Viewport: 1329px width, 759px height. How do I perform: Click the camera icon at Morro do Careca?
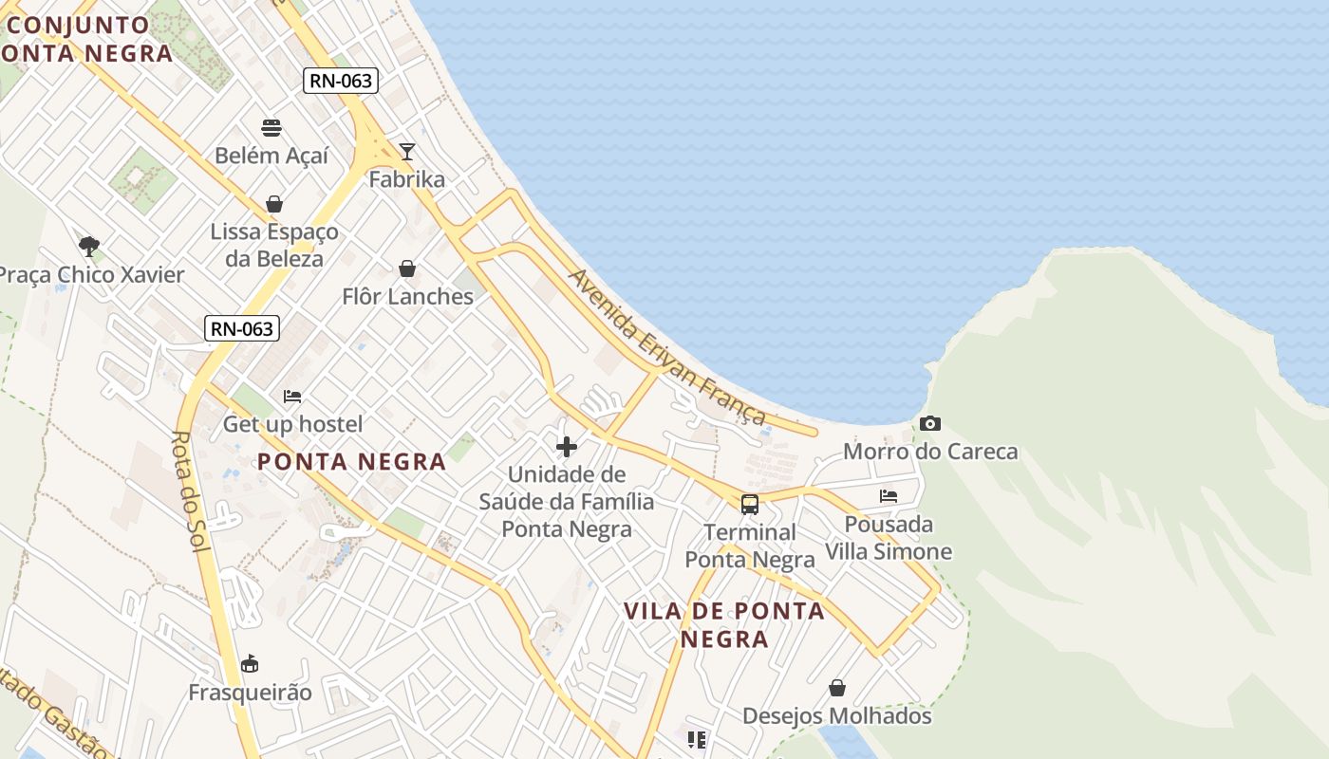pos(930,423)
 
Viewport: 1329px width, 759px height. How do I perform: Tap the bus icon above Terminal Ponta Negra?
pos(750,504)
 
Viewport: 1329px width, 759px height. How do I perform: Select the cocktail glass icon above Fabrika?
pos(407,151)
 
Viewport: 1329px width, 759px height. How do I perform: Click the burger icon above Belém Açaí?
pos(271,128)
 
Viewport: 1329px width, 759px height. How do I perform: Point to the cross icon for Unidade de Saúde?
pos(567,446)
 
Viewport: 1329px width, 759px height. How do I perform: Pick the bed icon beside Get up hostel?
pos(292,396)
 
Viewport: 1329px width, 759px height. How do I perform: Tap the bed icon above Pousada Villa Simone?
pos(889,495)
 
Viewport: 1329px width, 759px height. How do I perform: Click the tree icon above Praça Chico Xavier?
pos(89,247)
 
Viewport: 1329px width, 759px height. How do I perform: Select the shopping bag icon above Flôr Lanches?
pos(407,268)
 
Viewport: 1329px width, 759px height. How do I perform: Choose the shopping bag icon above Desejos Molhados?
pos(837,687)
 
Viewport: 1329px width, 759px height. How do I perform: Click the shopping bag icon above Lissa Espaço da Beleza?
pos(274,204)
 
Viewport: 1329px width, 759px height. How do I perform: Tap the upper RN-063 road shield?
pos(341,81)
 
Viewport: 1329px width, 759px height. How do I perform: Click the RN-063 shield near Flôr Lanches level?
pos(242,329)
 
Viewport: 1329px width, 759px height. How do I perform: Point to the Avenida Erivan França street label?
pos(666,346)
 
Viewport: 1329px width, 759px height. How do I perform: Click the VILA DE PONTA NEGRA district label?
pos(724,624)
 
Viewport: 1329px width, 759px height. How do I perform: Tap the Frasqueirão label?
pos(250,692)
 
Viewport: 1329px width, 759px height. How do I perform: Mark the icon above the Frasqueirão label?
pos(250,662)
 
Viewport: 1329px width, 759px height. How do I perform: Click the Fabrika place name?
pos(406,179)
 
